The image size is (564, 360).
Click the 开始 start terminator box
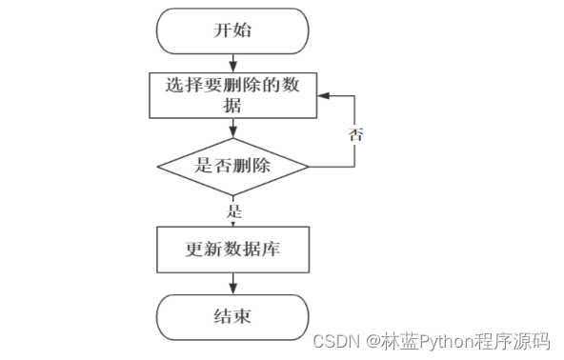tap(232, 30)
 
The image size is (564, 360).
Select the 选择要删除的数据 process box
tap(232, 95)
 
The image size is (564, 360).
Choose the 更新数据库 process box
tap(232, 250)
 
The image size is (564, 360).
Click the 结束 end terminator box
tap(232, 317)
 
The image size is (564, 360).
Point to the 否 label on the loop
tap(355, 133)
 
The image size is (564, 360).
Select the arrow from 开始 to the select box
tap(232, 62)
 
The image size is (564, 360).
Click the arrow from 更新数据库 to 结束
tap(232, 283)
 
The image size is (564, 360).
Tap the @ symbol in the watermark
tap(365, 339)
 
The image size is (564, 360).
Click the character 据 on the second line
tap(232, 106)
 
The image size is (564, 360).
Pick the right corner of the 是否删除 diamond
tap(309, 166)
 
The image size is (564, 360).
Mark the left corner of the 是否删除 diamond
tap(157, 166)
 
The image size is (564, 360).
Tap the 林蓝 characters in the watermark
tap(392, 339)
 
